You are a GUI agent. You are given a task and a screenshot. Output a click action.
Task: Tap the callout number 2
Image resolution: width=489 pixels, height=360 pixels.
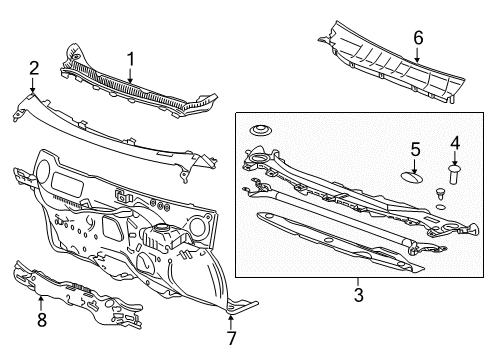33,68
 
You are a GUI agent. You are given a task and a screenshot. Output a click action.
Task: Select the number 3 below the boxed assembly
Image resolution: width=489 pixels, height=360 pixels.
358,294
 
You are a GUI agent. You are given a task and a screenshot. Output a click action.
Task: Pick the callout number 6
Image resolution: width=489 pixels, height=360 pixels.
418,37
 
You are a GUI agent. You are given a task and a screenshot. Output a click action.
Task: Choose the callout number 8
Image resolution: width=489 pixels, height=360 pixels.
41,320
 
